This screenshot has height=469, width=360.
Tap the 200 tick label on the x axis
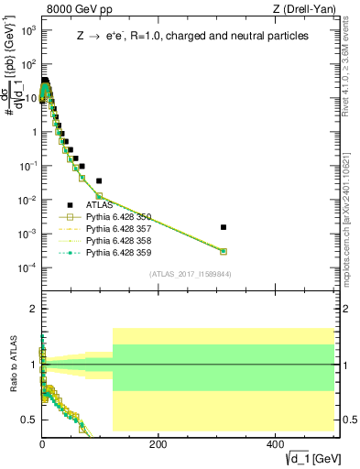(x=158, y=442)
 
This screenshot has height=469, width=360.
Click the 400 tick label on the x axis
(x=275, y=442)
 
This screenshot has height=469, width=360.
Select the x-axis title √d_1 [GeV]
(x=311, y=457)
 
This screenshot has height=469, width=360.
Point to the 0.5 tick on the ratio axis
(x=32, y=420)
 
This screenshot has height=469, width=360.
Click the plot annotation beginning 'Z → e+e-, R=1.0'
(x=191, y=36)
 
